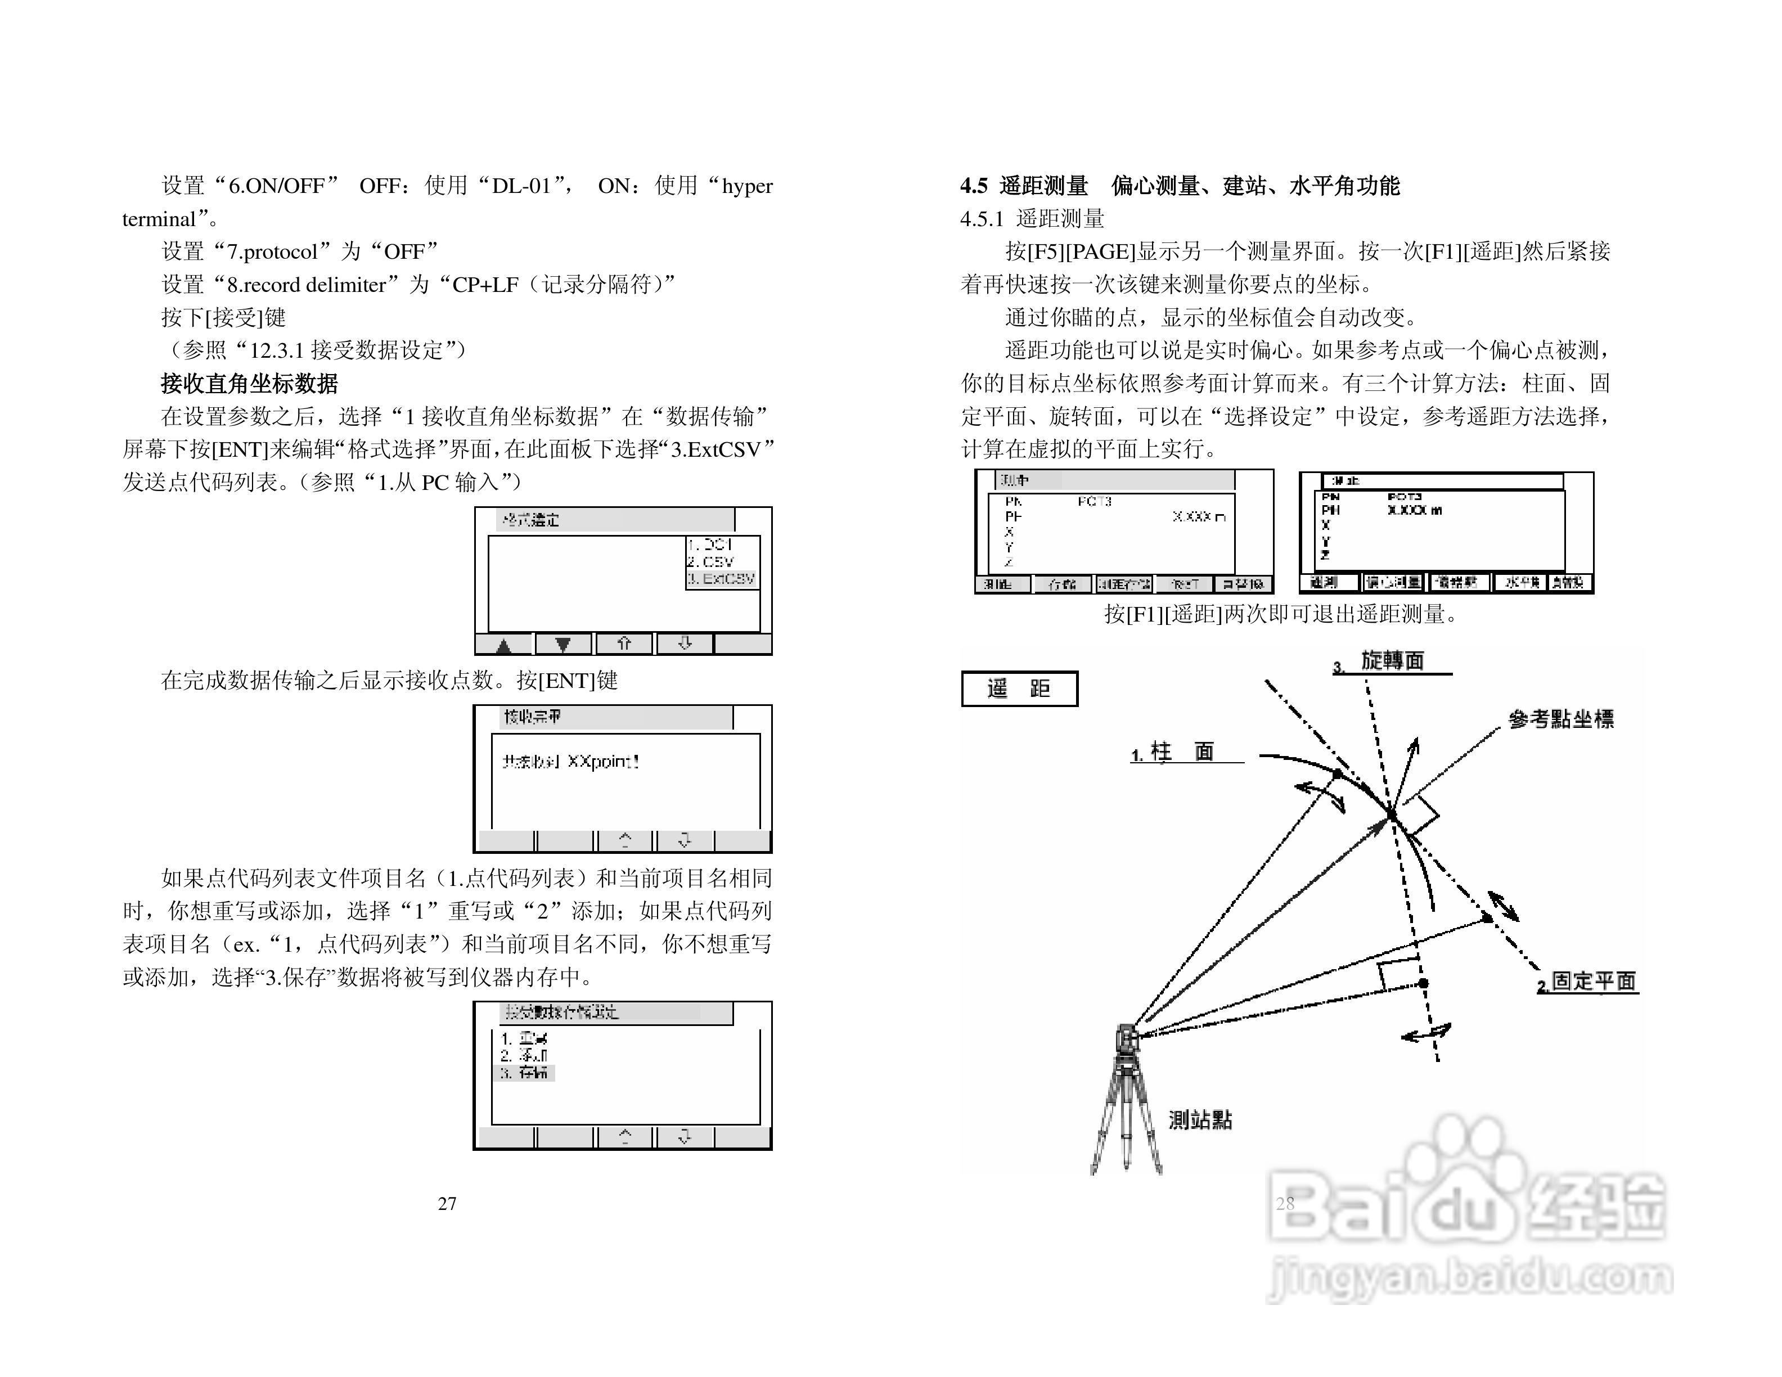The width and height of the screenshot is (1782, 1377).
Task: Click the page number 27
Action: click(x=447, y=1203)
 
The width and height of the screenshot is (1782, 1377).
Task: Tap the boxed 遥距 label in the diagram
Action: click(x=1019, y=688)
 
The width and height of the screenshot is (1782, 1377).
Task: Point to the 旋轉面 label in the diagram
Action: click(x=1392, y=661)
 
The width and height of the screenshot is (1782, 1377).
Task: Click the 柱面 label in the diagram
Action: click(x=1182, y=751)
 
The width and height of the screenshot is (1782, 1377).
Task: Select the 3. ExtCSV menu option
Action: click(x=721, y=578)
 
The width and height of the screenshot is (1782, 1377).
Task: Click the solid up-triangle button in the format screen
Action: click(x=503, y=645)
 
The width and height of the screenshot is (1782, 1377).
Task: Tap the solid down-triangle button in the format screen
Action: click(x=563, y=645)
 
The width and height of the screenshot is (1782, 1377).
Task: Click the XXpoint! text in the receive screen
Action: click(x=603, y=761)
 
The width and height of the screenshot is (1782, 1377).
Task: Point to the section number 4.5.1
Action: click(x=982, y=219)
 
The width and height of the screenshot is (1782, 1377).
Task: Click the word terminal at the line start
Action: click(x=159, y=219)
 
